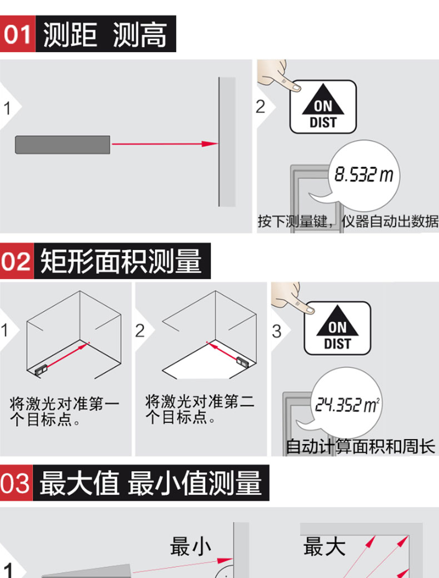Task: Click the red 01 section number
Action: pyautogui.click(x=17, y=34)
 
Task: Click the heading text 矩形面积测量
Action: pyautogui.click(x=121, y=261)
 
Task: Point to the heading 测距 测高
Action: pyautogui.click(x=105, y=34)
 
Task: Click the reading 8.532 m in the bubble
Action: pyautogui.click(x=363, y=175)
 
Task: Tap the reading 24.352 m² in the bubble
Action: pyautogui.click(x=347, y=405)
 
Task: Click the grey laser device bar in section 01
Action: pyautogui.click(x=63, y=144)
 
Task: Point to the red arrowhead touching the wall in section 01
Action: pyautogui.click(x=210, y=144)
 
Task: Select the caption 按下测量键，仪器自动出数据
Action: pyautogui.click(x=348, y=221)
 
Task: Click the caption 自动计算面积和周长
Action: pyautogui.click(x=361, y=446)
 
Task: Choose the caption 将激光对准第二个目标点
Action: pyautogui.click(x=199, y=409)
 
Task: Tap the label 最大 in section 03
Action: pyautogui.click(x=324, y=546)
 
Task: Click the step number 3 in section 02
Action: pyautogui.click(x=276, y=331)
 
